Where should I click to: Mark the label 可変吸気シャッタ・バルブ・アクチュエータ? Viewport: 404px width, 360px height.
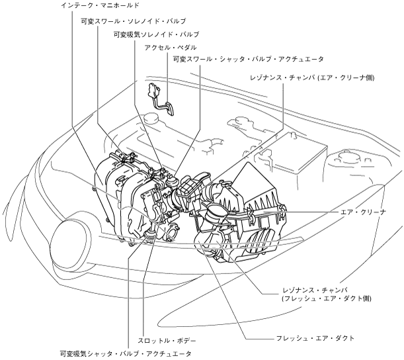pos(124,354)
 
